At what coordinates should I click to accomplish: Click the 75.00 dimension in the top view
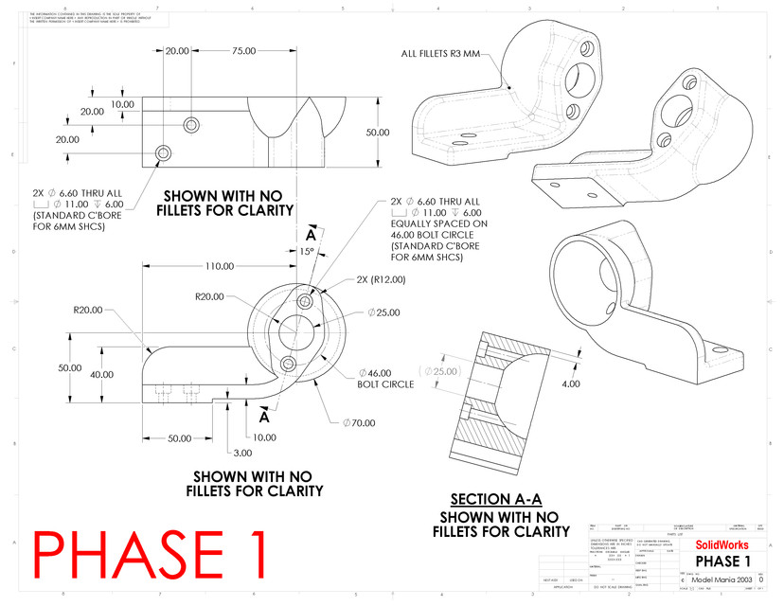(x=244, y=51)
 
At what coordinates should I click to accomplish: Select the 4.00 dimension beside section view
(x=569, y=383)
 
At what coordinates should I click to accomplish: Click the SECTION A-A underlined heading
(x=490, y=499)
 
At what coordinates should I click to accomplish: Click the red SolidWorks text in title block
(x=722, y=544)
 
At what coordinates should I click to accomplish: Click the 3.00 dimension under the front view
(x=241, y=454)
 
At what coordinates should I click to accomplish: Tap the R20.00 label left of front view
(x=88, y=309)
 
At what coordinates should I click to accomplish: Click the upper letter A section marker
(x=311, y=235)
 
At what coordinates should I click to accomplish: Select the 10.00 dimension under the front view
(x=264, y=437)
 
